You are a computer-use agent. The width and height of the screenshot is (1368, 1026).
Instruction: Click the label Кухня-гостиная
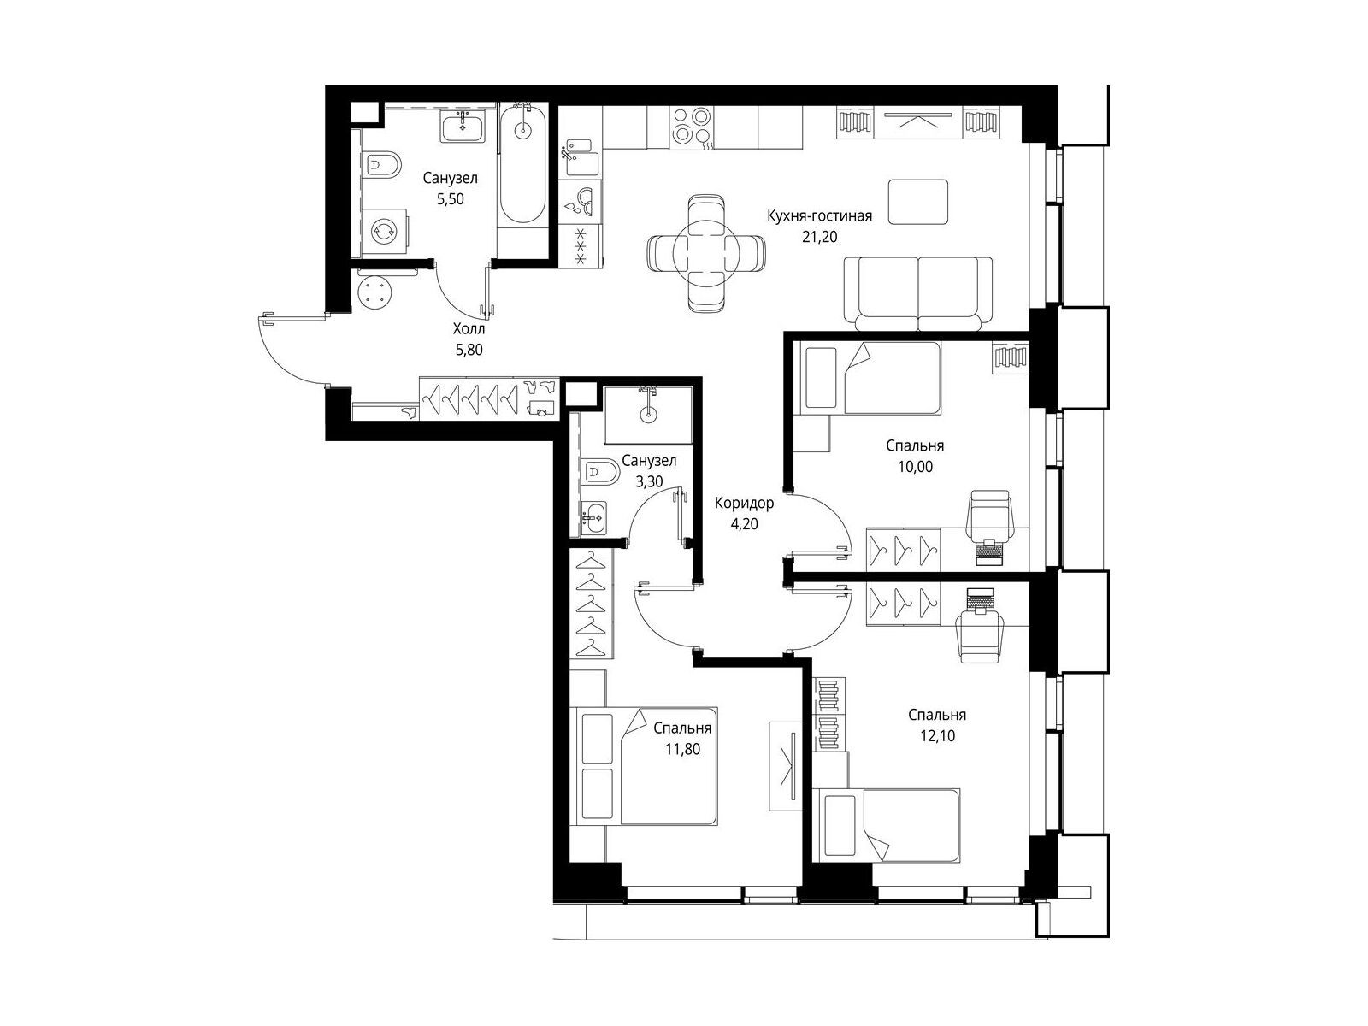point(819,216)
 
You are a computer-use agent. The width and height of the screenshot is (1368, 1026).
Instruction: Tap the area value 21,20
point(819,237)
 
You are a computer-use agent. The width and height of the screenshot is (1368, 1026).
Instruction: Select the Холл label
point(469,329)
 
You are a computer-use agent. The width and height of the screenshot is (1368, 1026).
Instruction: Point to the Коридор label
point(744,503)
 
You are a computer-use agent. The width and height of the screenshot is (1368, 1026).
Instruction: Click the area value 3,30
point(649,481)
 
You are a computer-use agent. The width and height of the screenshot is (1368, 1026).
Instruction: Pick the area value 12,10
point(937,735)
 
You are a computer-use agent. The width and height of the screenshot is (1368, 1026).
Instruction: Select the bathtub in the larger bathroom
point(523,165)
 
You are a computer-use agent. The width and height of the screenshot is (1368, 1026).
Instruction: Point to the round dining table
point(706,254)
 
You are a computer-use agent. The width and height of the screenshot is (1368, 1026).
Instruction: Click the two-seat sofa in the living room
point(918,293)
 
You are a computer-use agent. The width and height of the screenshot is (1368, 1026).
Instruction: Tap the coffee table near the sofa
point(918,201)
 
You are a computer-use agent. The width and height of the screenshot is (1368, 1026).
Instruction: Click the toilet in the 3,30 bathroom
point(599,474)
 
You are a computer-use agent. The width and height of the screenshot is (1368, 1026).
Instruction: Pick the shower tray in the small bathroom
point(648,415)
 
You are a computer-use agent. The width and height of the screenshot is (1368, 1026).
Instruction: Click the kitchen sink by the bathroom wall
point(581,158)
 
